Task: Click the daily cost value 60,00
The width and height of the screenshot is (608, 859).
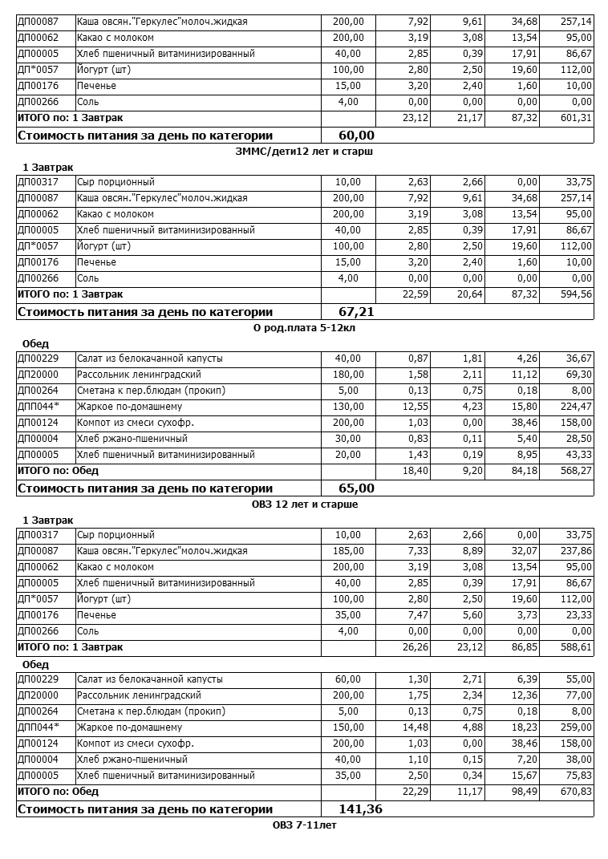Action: click(x=356, y=136)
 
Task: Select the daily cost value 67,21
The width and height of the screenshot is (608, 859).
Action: click(x=356, y=312)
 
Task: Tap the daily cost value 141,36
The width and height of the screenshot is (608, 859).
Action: click(x=360, y=809)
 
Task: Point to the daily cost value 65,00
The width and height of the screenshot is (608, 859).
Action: click(x=356, y=488)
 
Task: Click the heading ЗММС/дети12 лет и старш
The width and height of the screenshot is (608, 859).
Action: click(x=305, y=151)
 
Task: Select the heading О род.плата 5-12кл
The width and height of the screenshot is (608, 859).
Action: click(x=305, y=327)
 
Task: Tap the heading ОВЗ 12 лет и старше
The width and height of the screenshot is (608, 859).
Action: click(x=305, y=504)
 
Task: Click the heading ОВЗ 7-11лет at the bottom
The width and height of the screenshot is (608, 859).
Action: click(x=305, y=825)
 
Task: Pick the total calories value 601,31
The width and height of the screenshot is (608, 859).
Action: click(x=577, y=118)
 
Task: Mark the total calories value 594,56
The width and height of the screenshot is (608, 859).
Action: click(x=577, y=294)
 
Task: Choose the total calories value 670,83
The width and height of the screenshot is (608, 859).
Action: click(x=577, y=792)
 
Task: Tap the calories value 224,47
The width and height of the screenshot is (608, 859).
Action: click(x=577, y=407)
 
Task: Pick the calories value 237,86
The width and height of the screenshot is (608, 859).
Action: click(x=577, y=551)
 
